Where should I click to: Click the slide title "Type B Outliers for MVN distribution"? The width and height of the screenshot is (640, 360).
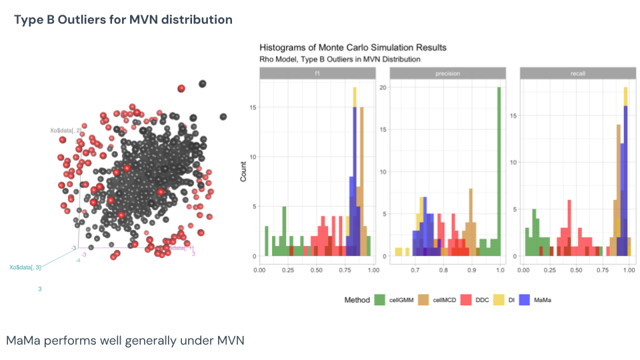pos(123,19)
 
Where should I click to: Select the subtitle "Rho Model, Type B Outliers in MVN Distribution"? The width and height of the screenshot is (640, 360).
pos(339,59)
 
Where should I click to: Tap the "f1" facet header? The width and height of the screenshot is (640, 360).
pos(315,73)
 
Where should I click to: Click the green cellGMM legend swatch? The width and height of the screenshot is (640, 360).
pos(381,300)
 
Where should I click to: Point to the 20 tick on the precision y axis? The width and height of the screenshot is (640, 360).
pos(383,87)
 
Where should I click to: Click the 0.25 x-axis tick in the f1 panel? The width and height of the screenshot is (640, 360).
pos(287,271)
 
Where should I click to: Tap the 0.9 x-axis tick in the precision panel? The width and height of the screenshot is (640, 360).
pos(471,271)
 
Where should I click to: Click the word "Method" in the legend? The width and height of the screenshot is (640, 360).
pos(357,300)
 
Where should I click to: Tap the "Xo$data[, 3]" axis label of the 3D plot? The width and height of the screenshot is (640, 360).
pos(25,267)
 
